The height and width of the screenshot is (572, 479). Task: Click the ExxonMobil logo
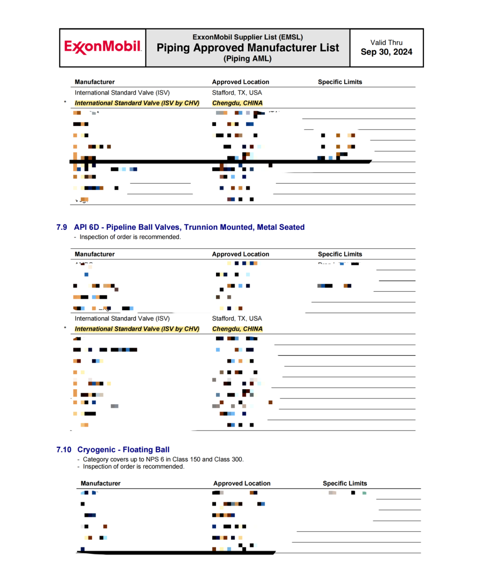click(102, 47)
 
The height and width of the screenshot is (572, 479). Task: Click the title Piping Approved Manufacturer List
click(247, 48)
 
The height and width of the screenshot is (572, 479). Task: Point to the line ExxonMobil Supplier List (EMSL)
click(247, 37)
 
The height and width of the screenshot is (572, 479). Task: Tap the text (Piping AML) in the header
click(247, 59)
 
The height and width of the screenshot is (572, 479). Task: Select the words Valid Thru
click(386, 43)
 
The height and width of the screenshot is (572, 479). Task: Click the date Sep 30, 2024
click(386, 52)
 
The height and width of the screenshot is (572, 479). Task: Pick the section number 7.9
click(62, 227)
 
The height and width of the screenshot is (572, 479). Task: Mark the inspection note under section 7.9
click(130, 237)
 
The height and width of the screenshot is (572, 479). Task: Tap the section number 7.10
click(63, 450)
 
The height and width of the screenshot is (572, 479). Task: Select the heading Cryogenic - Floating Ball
click(123, 450)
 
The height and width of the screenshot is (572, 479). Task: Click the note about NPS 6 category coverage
click(163, 459)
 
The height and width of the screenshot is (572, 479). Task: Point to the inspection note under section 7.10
click(133, 466)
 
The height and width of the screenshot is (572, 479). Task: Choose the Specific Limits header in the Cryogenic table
click(345, 483)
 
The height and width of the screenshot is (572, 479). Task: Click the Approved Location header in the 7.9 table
click(240, 254)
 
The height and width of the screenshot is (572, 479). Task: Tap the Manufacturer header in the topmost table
click(94, 82)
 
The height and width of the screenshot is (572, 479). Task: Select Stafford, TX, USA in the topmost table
click(237, 93)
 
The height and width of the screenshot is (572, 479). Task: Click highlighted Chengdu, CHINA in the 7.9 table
click(237, 329)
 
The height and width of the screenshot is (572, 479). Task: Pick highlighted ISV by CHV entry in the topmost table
click(137, 103)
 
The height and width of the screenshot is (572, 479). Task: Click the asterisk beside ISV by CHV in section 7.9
click(65, 328)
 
